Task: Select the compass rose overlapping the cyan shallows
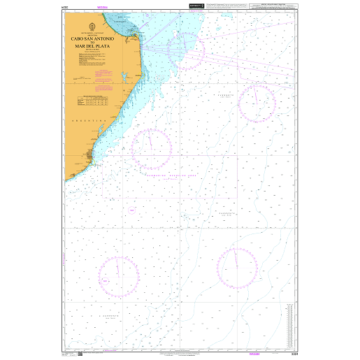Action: coord(185,50)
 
